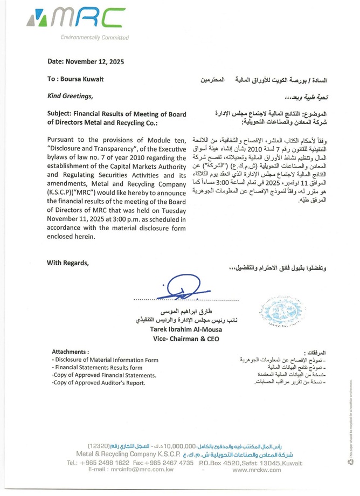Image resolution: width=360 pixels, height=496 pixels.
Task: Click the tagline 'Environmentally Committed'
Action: pos(95,37)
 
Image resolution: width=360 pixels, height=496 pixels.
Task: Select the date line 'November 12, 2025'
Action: pos(98,62)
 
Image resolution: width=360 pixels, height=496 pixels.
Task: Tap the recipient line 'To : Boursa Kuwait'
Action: pos(75,79)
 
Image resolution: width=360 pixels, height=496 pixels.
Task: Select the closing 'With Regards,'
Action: pos(68,263)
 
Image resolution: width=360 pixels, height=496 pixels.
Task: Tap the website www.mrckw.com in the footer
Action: pos(257,470)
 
